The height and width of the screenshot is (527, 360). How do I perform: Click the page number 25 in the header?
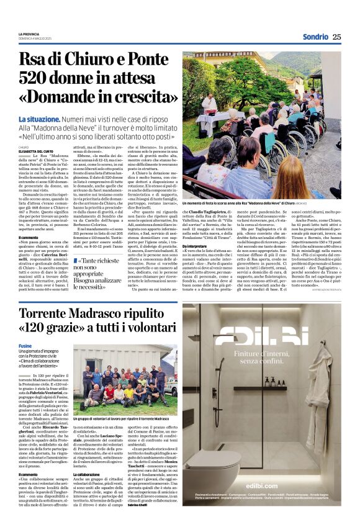tap(337, 37)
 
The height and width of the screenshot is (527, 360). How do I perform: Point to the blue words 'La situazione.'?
tap(38, 119)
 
